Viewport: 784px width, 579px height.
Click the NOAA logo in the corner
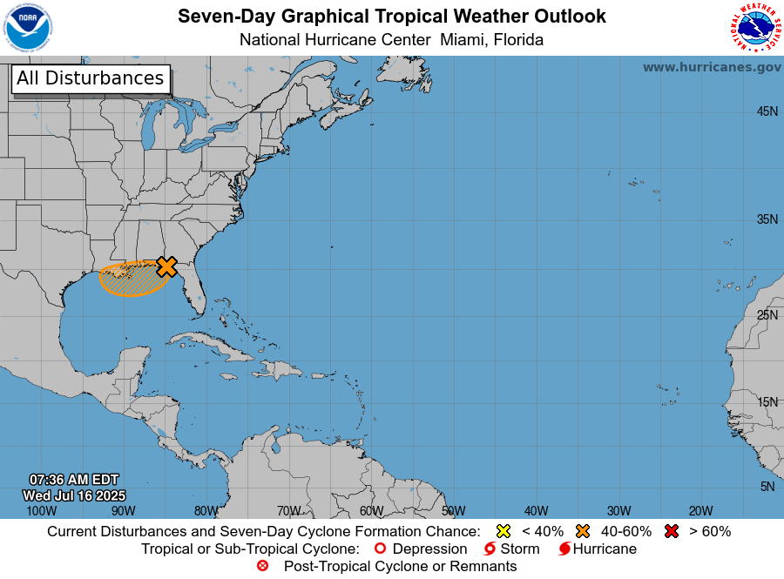[28, 28]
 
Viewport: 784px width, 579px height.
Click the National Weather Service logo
[754, 28]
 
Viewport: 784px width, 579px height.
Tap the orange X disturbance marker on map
[166, 266]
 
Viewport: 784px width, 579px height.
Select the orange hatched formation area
[126, 279]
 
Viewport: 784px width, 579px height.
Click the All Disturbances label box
[90, 78]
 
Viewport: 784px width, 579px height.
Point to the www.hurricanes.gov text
[712, 67]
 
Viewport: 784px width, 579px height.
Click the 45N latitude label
[767, 111]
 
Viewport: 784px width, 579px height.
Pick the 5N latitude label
[767, 487]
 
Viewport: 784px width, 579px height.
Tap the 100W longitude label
[40, 511]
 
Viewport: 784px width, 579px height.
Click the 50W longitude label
[453, 511]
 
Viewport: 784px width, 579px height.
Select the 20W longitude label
[701, 511]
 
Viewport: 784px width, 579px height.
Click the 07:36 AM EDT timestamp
[74, 480]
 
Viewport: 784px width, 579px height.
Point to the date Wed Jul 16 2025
[74, 495]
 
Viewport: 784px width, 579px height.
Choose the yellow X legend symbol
[503, 531]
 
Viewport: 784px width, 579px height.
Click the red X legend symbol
[671, 531]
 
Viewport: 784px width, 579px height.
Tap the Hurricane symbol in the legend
[564, 549]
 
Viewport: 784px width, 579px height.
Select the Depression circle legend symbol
[379, 549]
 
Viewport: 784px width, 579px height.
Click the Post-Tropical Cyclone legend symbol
[262, 566]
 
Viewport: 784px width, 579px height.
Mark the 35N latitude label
[767, 219]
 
